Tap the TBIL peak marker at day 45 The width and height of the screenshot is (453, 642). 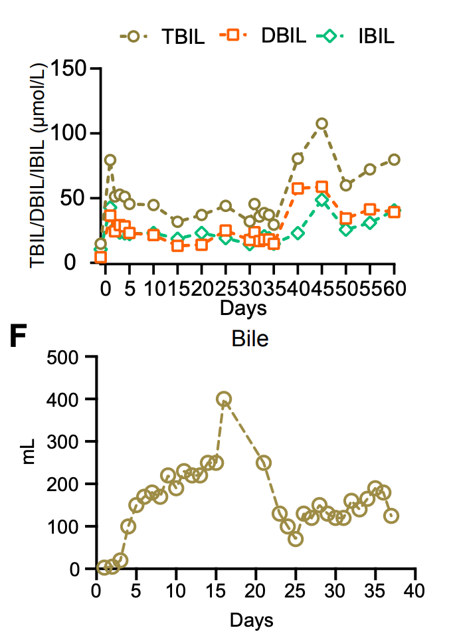coord(321,124)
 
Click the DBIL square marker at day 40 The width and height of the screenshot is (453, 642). coord(298,188)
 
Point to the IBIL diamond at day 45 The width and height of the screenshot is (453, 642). coord(321,199)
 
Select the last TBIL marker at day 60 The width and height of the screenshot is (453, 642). coord(394,160)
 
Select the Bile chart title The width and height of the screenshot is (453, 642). coord(250,340)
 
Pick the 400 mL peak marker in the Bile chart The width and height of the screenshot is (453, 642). coord(224,399)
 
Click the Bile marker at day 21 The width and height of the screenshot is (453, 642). coord(264,463)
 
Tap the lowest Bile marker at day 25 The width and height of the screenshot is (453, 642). coord(296,539)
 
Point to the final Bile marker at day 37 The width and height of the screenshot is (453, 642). coord(391,516)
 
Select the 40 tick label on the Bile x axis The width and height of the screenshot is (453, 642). coord(416,590)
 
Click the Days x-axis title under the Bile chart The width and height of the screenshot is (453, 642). coord(252,621)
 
